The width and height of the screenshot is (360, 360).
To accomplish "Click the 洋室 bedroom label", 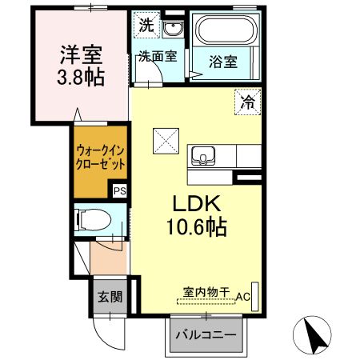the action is pyautogui.click(x=81, y=55).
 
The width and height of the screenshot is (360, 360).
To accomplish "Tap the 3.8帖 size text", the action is pyautogui.click(x=81, y=77).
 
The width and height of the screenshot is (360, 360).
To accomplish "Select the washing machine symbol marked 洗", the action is pyautogui.click(x=146, y=25).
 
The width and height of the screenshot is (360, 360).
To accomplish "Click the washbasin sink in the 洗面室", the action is pyautogui.click(x=173, y=28).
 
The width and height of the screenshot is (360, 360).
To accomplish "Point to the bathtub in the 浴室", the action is pyautogui.click(x=226, y=30).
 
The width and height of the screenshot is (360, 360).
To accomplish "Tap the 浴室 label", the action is pyautogui.click(x=223, y=62).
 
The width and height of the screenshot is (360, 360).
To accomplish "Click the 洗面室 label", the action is pyautogui.click(x=158, y=56).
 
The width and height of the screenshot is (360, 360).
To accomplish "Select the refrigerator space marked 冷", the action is pyautogui.click(x=247, y=102).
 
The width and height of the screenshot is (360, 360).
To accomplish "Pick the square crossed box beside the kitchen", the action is pyautogui.click(x=166, y=141).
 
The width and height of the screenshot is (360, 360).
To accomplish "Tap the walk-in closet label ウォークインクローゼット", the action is pyautogui.click(x=100, y=158).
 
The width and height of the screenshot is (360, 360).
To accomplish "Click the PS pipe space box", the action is pyautogui.click(x=119, y=191).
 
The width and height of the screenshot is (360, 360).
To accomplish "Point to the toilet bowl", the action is pyautogui.click(x=93, y=220).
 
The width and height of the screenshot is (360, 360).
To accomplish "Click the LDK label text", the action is pyautogui.click(x=197, y=203).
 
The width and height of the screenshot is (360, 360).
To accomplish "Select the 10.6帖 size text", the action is pyautogui.click(x=197, y=227).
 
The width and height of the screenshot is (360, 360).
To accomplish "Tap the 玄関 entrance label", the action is pyautogui.click(x=110, y=297).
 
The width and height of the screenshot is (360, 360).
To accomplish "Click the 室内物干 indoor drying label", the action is pyautogui.click(x=206, y=293).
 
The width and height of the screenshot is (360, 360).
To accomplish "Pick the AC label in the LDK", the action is pyautogui.click(x=243, y=297).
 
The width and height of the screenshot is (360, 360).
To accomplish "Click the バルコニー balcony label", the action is pyautogui.click(x=206, y=334).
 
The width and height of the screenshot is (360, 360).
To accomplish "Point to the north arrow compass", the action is pyautogui.click(x=312, y=335).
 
